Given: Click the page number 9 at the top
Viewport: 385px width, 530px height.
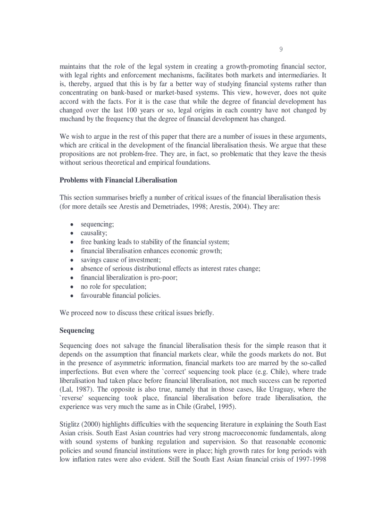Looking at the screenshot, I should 281,50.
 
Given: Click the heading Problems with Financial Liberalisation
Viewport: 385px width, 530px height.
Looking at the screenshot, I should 118,180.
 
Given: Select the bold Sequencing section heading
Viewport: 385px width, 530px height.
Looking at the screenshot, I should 77,330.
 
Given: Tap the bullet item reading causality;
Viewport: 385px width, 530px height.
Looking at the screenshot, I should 94,233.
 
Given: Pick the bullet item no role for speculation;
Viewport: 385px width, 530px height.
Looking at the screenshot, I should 113,286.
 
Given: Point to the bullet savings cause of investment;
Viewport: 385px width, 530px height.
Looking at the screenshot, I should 120,260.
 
